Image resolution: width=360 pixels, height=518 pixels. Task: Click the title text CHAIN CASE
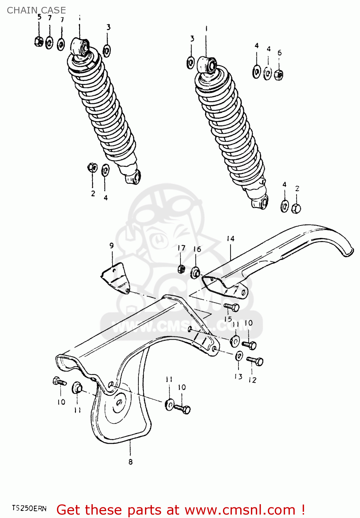tap(36, 10)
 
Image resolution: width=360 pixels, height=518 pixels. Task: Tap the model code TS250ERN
tap(29, 508)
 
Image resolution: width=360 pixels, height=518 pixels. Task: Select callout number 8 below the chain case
tap(130, 462)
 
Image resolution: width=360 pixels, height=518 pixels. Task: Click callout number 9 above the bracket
tap(111, 246)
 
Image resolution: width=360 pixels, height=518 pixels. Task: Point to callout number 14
tap(231, 239)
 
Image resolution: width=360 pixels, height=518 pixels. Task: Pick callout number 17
tap(181, 248)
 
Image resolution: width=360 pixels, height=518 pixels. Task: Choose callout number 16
tap(197, 249)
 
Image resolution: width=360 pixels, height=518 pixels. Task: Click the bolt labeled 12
tap(255, 361)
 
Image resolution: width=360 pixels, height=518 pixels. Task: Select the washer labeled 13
tap(239, 356)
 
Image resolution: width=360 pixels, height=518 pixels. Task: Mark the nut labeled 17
tap(181, 269)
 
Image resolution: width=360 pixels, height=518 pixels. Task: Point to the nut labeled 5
tap(39, 42)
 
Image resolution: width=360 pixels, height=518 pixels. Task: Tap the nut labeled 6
tap(279, 74)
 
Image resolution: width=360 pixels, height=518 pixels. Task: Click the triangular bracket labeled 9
tap(115, 278)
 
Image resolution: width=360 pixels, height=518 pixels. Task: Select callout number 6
tap(279, 53)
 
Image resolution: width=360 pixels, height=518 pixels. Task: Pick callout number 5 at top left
tap(39, 17)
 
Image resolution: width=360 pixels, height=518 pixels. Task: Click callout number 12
tap(252, 380)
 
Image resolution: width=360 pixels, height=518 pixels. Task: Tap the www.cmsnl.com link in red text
tap(240, 510)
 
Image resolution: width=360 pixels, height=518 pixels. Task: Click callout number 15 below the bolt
tap(228, 319)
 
